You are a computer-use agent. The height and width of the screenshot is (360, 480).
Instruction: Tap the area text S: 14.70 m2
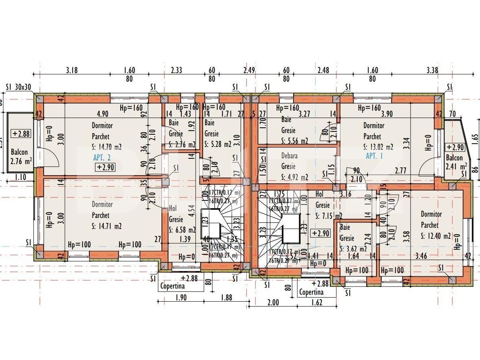tap(106, 147)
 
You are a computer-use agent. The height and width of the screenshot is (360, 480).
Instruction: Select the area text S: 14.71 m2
tap(106, 226)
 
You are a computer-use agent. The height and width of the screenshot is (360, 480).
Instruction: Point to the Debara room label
tap(289, 156)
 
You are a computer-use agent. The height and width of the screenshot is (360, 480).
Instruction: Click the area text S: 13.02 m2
tap(378, 147)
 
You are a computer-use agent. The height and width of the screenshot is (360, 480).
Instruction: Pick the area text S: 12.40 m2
tap(436, 236)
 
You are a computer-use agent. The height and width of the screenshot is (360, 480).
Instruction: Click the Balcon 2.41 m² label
tap(456, 162)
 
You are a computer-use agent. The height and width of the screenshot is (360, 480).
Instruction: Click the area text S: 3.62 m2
tap(353, 249)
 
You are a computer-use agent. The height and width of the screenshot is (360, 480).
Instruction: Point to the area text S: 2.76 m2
tap(182, 144)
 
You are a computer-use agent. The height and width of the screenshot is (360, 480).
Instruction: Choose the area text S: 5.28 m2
tap(217, 144)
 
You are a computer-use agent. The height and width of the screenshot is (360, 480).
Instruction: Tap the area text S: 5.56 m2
tap(294, 141)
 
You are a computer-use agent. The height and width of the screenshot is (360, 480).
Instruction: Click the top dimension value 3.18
tap(72, 70)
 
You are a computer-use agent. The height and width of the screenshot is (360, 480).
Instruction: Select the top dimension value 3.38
tap(432, 70)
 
